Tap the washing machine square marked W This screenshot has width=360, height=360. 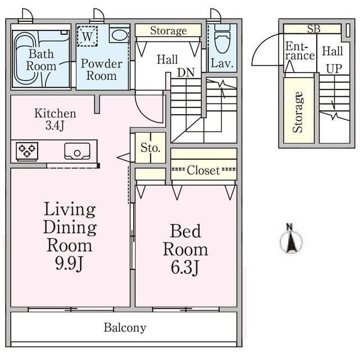coord(87,36)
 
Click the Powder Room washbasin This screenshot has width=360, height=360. coord(119,35)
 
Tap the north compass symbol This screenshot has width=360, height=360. coord(291,238)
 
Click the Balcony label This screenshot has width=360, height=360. coord(125,327)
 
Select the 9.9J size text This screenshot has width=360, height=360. coord(69,264)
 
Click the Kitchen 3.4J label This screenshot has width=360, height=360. coord(55,119)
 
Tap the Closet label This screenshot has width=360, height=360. coord(203,170)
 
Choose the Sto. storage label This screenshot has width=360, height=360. coord(150,148)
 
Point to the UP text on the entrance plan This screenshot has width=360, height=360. coord(332,69)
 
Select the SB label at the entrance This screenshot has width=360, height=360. coord(313,29)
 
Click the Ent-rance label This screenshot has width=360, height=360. coord(299,51)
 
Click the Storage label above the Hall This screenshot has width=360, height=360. coord(168,30)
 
